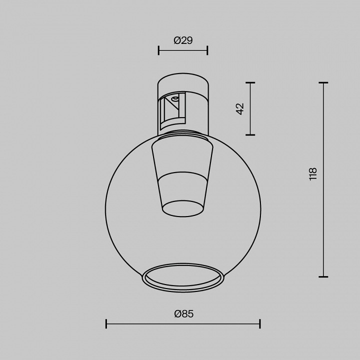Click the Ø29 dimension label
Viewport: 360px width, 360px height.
tap(183, 41)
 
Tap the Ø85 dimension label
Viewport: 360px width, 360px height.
tap(183, 314)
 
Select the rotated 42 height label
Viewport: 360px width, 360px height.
tap(240, 108)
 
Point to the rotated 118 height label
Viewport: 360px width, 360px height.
tap(313, 173)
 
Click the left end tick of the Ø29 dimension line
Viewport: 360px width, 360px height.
tap(158, 50)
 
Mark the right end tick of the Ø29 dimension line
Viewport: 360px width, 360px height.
tap(207, 50)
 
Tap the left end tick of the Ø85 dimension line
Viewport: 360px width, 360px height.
tap(106, 324)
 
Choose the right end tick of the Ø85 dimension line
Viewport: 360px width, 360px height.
tap(260, 324)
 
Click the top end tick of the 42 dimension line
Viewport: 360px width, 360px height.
tap(250, 83)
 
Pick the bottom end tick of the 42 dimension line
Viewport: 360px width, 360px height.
tap(250, 134)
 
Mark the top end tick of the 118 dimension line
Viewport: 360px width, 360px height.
tap(323, 83)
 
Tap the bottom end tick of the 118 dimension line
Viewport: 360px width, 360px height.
tap(323, 276)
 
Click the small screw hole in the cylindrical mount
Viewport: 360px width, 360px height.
tap(175, 99)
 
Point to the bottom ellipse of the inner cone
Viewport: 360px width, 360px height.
tap(183, 208)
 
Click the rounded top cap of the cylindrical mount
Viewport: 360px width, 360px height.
tap(183, 80)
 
